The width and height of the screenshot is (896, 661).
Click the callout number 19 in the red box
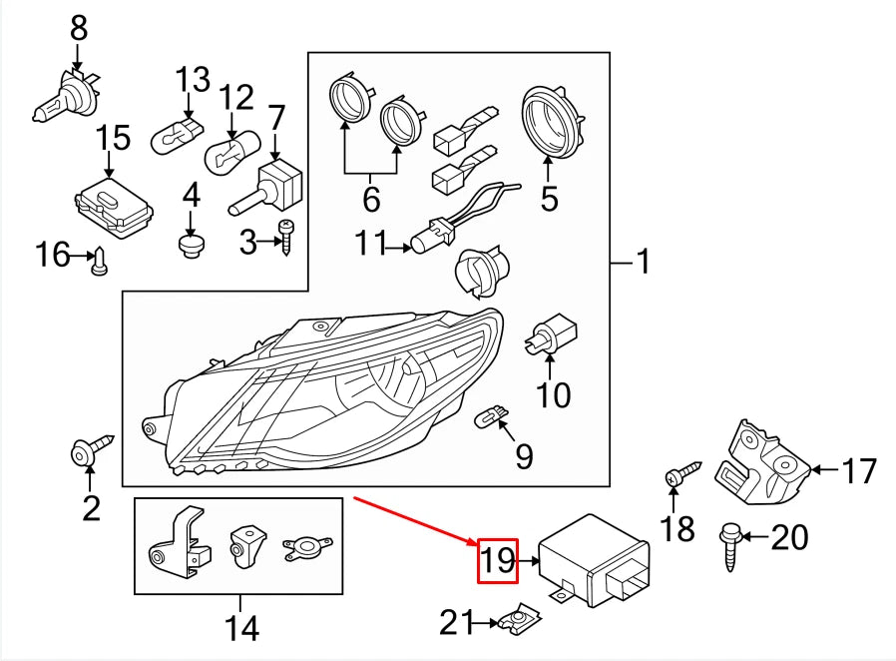pos(498,560)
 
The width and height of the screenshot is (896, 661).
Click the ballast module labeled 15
pos(115,207)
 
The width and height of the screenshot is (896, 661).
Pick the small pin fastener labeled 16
pos(100,262)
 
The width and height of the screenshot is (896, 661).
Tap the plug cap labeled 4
pos(191,246)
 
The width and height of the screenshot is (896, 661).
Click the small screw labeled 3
pos(285,238)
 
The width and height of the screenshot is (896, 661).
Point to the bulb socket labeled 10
pos(551,333)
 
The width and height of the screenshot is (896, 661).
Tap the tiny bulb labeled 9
pos(492,414)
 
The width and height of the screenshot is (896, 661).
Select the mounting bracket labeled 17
pos(763,462)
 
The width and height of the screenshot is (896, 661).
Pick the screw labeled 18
pos(682,473)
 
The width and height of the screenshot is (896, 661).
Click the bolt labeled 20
pos(729,546)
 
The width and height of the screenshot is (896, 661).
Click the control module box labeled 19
pos(595,560)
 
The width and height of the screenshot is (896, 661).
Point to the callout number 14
pos(241,627)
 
